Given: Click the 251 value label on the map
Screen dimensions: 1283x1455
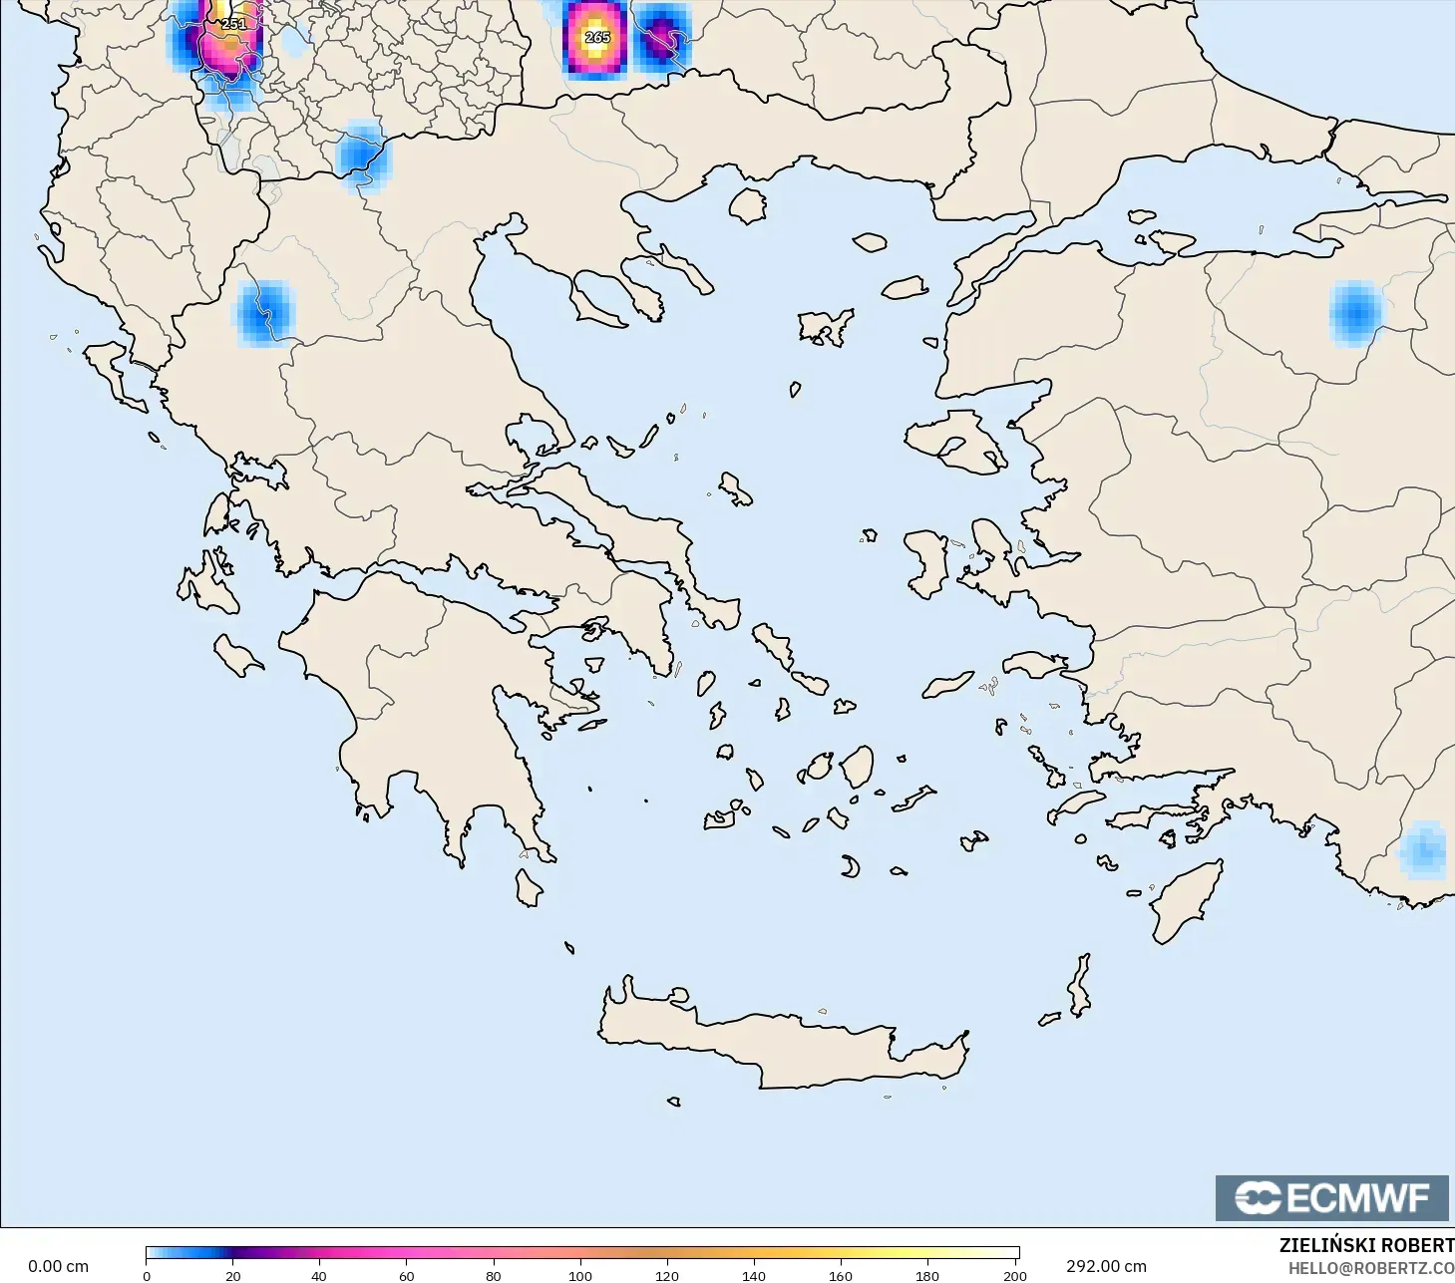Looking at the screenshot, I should pyautogui.click(x=232, y=24).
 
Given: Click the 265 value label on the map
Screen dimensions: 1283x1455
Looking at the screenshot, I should pyautogui.click(x=596, y=37).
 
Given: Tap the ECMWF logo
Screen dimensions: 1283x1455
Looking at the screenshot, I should pyautogui.click(x=1331, y=1197).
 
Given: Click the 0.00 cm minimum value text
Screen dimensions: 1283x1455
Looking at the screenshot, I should pyautogui.click(x=58, y=1266).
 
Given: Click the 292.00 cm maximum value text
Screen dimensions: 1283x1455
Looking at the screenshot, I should pyautogui.click(x=1106, y=1266).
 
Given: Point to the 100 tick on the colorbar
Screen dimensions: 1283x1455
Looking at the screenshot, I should pyautogui.click(x=579, y=1275).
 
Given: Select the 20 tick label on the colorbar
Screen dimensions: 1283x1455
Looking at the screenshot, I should pyautogui.click(x=232, y=1275).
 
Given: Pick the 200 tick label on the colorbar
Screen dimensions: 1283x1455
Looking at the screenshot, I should pyautogui.click(x=1014, y=1275).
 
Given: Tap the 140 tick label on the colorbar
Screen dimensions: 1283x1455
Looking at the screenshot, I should pyautogui.click(x=754, y=1275).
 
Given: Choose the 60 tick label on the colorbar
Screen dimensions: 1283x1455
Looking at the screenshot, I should pyautogui.click(x=406, y=1275).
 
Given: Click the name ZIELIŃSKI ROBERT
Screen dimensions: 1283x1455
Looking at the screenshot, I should pyautogui.click(x=1366, y=1245).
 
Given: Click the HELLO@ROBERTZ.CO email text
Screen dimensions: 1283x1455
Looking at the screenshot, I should pyautogui.click(x=1370, y=1268).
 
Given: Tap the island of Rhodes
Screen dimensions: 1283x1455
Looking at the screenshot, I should pyautogui.click(x=1185, y=901).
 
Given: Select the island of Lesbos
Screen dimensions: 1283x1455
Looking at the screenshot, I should pyautogui.click(x=954, y=442).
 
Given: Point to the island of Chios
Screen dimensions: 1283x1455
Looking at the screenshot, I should pyautogui.click(x=928, y=564).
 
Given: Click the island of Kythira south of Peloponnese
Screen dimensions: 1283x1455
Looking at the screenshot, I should pyautogui.click(x=529, y=887).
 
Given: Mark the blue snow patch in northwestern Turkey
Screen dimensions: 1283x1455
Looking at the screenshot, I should pyautogui.click(x=1355, y=313).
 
